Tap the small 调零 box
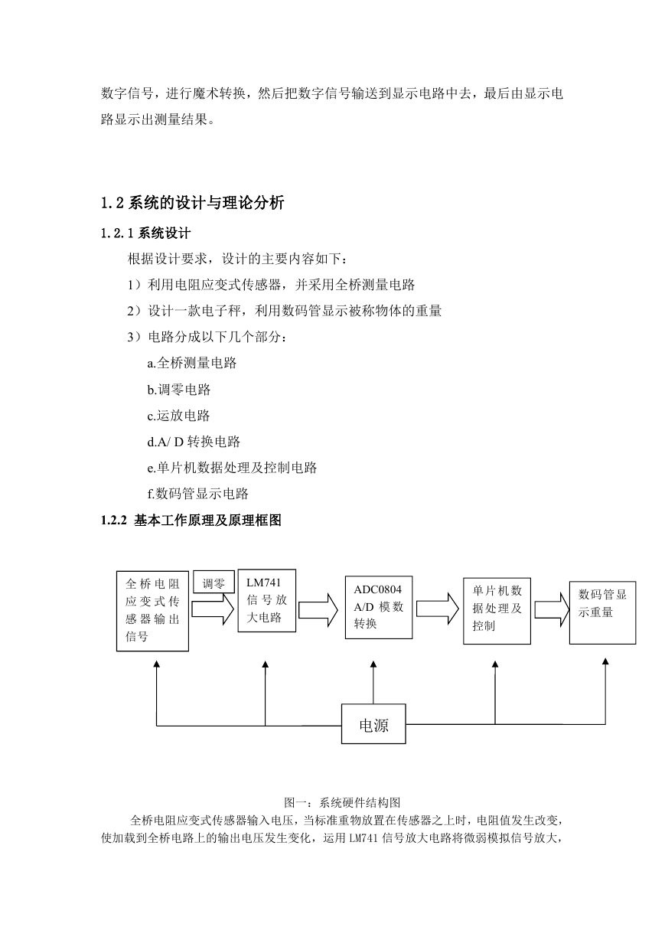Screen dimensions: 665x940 point(214,582)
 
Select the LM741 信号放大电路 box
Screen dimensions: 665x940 point(267,600)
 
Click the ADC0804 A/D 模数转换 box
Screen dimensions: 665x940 point(379,607)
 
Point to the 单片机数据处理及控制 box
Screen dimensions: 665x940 point(497,611)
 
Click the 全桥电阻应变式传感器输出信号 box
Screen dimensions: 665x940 point(152,611)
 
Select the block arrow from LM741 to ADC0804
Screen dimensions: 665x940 point(318,610)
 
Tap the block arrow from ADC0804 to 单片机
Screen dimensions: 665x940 point(438,609)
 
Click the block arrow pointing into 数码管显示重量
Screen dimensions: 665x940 point(552,610)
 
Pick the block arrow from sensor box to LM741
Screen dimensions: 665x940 point(213,609)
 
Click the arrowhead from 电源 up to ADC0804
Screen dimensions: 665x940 point(373,664)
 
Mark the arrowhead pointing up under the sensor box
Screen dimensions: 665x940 point(157,664)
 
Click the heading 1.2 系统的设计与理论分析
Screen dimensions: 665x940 point(193,203)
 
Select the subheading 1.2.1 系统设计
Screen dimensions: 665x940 point(145,233)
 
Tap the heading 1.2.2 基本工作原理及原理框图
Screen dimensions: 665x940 point(191,521)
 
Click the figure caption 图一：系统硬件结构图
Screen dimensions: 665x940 point(342,802)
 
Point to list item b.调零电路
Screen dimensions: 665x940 point(179,390)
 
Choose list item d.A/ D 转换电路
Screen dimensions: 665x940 point(194,442)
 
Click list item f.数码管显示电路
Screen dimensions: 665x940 point(197,494)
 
